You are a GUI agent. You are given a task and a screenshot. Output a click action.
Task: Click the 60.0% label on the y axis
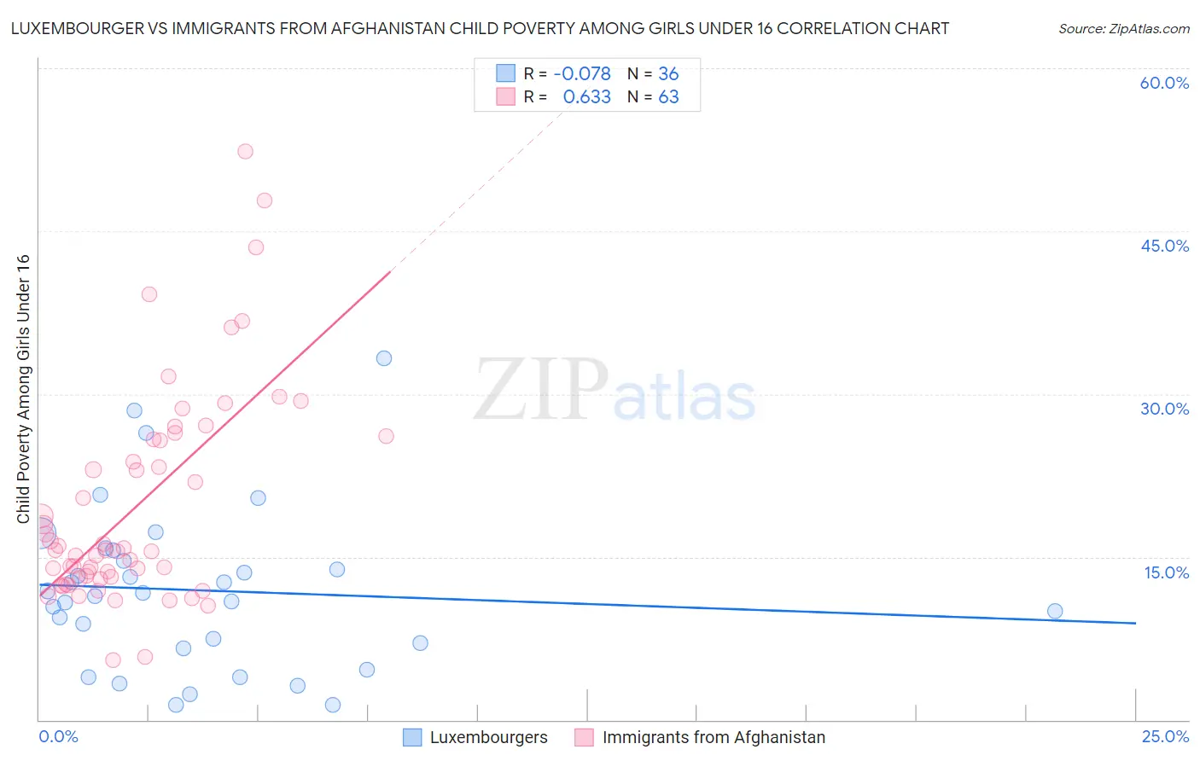(1164, 83)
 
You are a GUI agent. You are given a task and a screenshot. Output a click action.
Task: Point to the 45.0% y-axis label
(1164, 246)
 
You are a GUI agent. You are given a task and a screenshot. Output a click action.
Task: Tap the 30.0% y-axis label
(1164, 409)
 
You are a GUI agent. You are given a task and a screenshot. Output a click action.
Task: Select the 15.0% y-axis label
(1166, 572)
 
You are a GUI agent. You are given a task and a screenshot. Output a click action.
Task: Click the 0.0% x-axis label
(58, 736)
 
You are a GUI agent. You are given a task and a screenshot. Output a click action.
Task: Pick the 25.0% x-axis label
(1165, 736)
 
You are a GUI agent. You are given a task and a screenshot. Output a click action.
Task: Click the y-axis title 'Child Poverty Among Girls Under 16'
(23, 389)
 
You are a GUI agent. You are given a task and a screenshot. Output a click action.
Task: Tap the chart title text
(480, 28)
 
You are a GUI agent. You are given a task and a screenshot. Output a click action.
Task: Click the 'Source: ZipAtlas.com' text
(1123, 28)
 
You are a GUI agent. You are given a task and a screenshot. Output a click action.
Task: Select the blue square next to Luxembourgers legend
(412, 737)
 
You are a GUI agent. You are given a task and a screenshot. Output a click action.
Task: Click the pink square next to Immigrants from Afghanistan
(584, 737)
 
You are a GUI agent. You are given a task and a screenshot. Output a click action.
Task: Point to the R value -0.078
(582, 74)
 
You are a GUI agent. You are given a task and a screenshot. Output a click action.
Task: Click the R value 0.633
(586, 97)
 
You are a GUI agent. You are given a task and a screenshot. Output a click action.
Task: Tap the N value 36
(668, 74)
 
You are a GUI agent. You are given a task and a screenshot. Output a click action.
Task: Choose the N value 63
(668, 97)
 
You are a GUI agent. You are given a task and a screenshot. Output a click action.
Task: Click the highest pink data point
(245, 151)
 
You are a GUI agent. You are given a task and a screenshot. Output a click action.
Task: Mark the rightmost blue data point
(1055, 611)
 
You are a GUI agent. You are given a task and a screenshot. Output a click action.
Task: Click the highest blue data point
(384, 358)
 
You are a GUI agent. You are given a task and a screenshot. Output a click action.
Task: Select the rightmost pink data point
(386, 436)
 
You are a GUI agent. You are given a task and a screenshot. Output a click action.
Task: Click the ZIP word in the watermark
(540, 391)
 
